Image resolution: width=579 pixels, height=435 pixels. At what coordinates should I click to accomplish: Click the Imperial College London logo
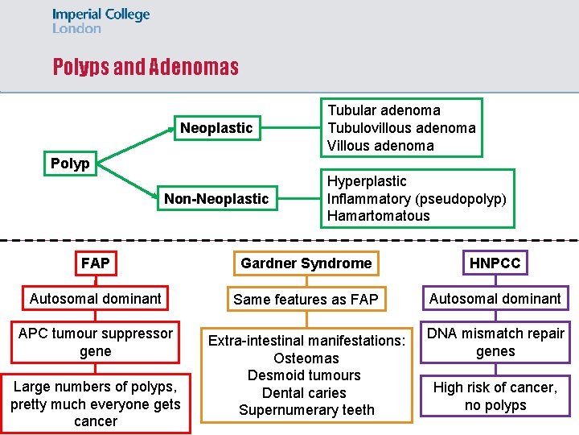(101, 21)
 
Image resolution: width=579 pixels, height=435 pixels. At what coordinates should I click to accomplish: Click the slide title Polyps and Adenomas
(146, 67)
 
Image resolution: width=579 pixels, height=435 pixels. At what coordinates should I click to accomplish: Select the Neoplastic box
(216, 128)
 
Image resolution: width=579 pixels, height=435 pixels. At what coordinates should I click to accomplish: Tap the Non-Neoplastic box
(216, 199)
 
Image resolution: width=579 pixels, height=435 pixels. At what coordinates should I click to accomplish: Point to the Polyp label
(70, 164)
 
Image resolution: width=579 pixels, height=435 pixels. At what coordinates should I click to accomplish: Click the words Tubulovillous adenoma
(400, 128)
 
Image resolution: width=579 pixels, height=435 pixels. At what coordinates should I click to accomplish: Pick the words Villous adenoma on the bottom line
(380, 146)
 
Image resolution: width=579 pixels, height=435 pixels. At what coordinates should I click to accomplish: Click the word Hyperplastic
(366, 181)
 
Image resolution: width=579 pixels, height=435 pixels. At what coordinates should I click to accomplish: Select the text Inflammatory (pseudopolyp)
(417, 198)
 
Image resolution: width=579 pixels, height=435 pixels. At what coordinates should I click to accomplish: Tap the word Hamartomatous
(378, 216)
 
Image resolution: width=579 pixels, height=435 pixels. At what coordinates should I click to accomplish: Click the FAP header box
(96, 263)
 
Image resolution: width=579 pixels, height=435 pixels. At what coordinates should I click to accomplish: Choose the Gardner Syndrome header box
(306, 263)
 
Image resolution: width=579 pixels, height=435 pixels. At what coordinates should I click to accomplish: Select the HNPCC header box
(495, 263)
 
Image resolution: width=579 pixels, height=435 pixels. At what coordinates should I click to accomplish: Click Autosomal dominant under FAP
(96, 299)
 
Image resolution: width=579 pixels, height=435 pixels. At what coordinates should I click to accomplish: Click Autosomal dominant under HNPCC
(495, 299)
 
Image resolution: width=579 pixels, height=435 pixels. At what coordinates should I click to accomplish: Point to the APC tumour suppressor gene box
(96, 342)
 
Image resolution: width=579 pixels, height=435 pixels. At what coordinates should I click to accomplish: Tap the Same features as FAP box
(306, 300)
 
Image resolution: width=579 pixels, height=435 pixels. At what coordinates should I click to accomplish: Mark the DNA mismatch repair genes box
(495, 342)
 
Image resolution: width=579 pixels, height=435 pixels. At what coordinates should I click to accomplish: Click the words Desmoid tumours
(304, 375)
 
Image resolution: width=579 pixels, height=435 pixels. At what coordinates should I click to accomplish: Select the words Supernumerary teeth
(306, 410)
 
